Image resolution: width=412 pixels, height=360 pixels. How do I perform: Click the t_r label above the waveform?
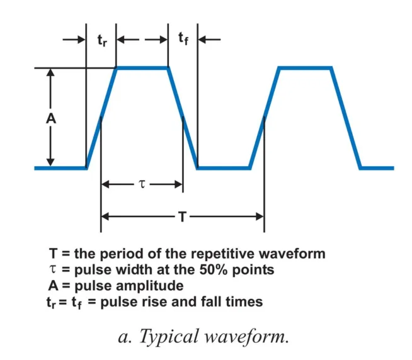click(101, 40)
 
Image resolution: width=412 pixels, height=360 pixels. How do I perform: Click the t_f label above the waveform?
click(183, 40)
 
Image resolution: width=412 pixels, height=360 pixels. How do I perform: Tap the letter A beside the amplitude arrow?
click(52, 118)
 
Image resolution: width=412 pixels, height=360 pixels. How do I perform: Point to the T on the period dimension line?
click(181, 217)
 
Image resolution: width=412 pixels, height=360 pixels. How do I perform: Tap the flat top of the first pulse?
click(142, 67)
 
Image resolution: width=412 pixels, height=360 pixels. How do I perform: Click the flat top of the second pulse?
click(305, 67)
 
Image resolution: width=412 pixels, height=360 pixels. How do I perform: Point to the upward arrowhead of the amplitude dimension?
click(52, 72)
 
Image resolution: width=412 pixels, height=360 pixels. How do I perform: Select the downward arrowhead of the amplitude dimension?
click(52, 163)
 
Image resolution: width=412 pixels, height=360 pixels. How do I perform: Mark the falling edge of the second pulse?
click(346, 118)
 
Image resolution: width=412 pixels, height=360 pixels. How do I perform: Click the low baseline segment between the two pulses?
click(224, 168)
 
